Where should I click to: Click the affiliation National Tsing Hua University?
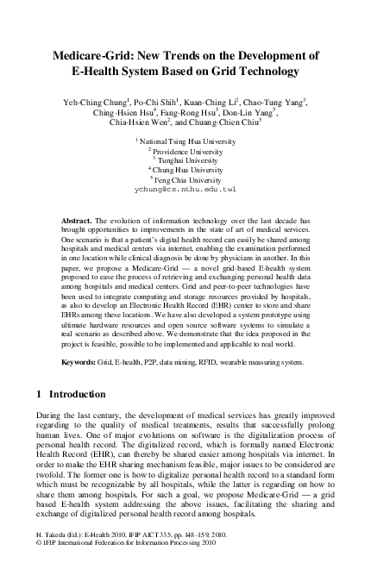(188, 140)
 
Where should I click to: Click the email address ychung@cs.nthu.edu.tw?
(185, 189)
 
